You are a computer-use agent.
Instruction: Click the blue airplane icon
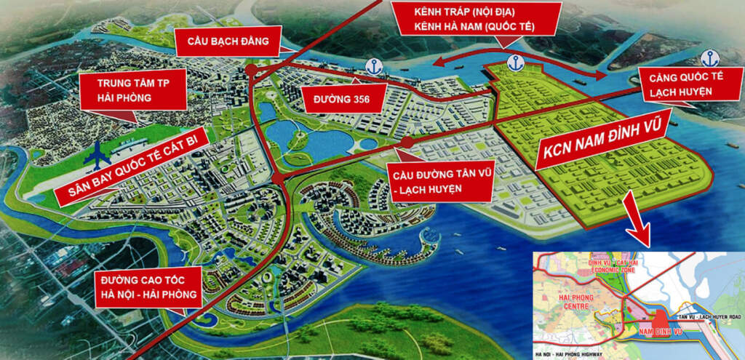point(97,154)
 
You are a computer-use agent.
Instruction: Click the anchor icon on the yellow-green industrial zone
point(516,63)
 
